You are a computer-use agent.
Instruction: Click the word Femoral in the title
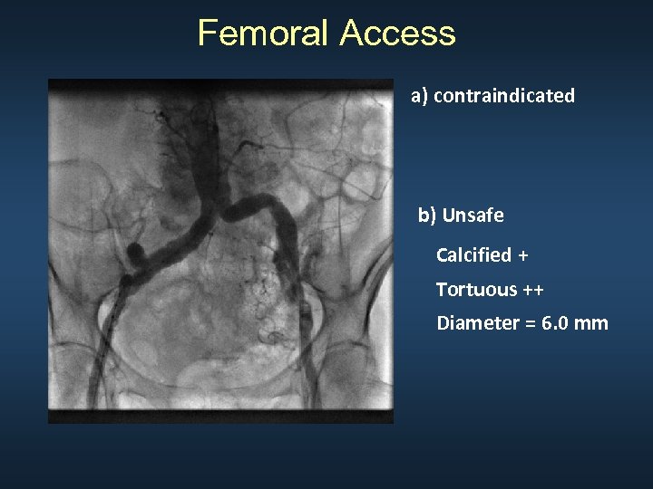264,34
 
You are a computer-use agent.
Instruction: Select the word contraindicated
504,95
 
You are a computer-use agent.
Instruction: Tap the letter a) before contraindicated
420,95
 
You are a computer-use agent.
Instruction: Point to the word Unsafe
473,216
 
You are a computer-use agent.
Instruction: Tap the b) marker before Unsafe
427,216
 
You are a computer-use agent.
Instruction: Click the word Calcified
473,255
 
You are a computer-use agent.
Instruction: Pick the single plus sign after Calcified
522,255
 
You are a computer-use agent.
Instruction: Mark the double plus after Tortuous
532,290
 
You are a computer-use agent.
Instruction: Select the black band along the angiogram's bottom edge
220,416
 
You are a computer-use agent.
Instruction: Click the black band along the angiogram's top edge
220,85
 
